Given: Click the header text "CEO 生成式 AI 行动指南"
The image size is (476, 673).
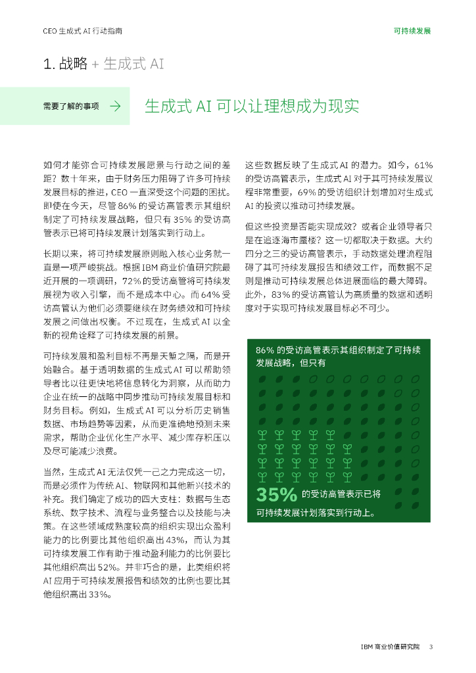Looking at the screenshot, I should pos(82,30).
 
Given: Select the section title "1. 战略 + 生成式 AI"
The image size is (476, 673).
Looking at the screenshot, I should pos(103,64).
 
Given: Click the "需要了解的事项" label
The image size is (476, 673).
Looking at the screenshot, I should pos(71,106).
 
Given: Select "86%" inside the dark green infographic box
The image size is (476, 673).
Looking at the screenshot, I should pos(264,350).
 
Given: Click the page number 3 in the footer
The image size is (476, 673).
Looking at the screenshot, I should pos(431,646).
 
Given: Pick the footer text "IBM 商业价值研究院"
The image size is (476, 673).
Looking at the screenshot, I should pos(389,646).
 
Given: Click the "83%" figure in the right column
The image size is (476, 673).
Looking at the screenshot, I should pos(275,294).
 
